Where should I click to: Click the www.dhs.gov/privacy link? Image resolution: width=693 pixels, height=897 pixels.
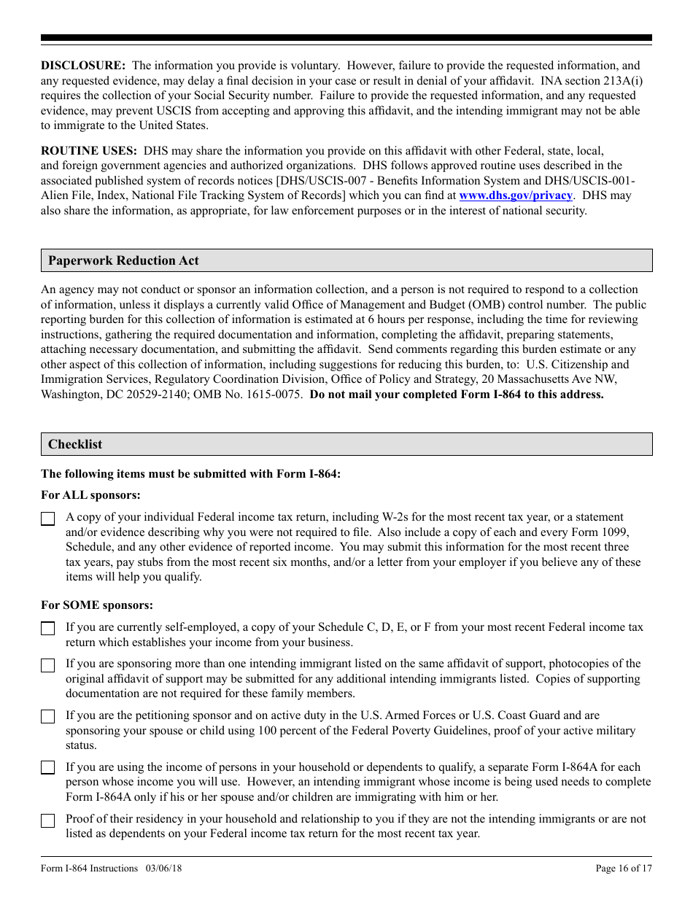515,195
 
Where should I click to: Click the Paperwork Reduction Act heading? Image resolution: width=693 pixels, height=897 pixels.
123,260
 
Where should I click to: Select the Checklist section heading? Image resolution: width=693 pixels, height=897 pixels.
75,444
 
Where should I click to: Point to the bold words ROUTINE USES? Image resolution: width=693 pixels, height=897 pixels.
88,151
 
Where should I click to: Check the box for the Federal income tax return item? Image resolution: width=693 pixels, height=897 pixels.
48,519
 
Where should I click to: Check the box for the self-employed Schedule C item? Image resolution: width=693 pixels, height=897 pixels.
48,629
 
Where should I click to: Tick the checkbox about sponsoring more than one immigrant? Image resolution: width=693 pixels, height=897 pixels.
48,665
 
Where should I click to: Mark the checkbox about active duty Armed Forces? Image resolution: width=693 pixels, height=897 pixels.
48,717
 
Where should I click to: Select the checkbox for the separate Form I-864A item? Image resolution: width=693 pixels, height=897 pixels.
48,768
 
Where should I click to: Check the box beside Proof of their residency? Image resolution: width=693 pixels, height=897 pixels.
48,820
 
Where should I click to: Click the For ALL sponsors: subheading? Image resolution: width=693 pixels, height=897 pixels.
90,495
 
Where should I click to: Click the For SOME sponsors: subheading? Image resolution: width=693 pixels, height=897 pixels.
97,605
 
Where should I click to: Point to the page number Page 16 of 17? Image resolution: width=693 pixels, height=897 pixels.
624,868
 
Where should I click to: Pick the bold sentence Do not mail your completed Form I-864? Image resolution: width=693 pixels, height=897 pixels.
457,395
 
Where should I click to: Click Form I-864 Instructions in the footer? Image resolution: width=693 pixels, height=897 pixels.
89,868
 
